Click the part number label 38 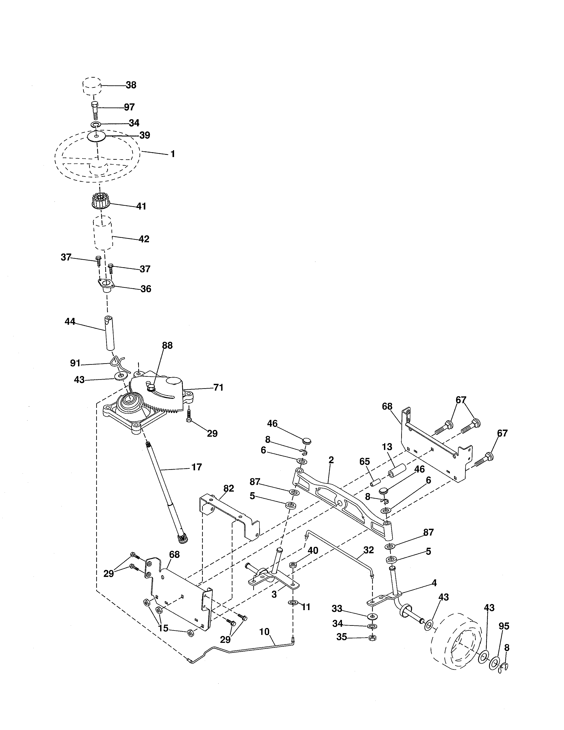(x=131, y=85)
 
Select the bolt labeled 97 (x=94, y=109)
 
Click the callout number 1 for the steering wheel (x=173, y=154)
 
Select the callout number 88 (x=167, y=346)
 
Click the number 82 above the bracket (x=228, y=488)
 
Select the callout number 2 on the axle (x=331, y=460)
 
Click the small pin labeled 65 (x=375, y=483)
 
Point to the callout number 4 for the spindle (x=434, y=583)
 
